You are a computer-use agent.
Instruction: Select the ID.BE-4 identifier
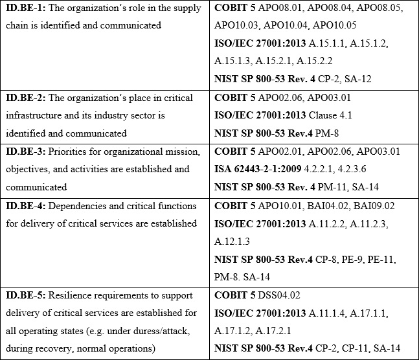click(x=24, y=206)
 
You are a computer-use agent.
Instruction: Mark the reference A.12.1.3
click(x=236, y=241)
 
